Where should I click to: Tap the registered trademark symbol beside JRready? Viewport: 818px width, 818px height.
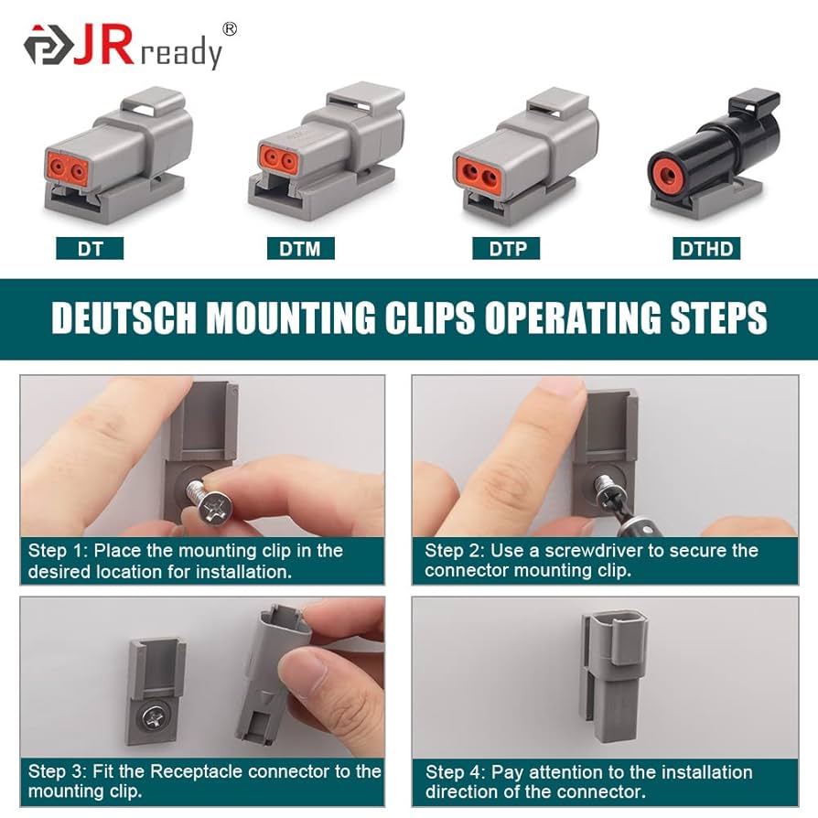[x=229, y=29]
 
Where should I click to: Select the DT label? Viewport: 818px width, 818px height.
[x=90, y=248]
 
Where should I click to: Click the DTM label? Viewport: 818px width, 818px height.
[x=300, y=248]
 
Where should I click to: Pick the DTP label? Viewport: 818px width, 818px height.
[x=506, y=248]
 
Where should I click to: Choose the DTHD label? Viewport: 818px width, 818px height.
[x=706, y=248]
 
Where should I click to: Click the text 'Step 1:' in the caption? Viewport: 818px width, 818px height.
[x=59, y=551]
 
